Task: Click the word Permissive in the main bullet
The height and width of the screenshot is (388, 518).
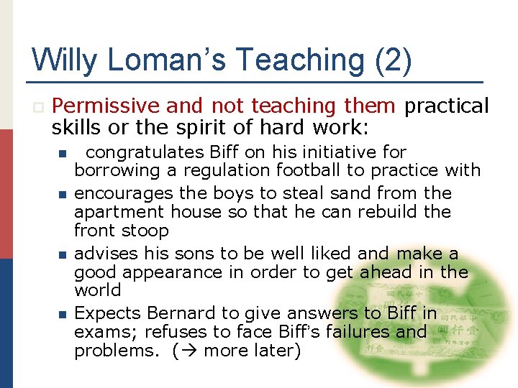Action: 106,106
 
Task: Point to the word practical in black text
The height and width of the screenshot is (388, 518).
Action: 447,106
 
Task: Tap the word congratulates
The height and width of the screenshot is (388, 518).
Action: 144,152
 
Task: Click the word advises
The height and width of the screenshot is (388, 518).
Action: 106,254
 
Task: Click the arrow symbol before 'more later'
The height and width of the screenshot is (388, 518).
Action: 191,351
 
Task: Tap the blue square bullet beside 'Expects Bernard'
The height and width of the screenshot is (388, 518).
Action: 62,314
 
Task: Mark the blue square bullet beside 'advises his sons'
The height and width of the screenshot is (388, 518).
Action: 62,254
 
